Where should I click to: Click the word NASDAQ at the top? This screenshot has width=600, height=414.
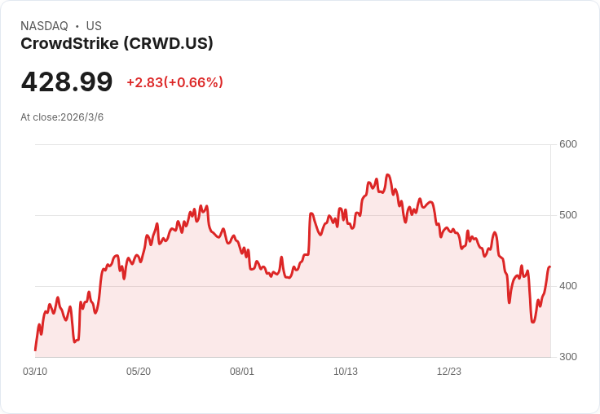pos(44,26)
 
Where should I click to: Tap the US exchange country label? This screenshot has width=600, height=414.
pos(94,26)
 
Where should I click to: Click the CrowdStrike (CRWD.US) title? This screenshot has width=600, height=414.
pos(117,44)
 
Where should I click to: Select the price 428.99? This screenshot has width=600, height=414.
pos(67,82)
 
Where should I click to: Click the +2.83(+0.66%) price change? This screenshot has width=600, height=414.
pos(174,82)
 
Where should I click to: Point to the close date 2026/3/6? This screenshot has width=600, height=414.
pos(82,117)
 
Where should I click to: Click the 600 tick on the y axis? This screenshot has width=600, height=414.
pos(568,144)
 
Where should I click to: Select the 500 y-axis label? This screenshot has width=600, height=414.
pos(568,215)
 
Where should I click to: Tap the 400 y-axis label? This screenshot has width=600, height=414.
pos(568,286)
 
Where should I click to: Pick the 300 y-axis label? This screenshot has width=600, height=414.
pos(568,357)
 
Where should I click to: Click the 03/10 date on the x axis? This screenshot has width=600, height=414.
pos(35,372)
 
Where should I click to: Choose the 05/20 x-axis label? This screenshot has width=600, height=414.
pos(139,372)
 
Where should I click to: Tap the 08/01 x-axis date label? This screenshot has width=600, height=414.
pos(242,372)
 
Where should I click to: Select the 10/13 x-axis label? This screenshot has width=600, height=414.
pos(346,372)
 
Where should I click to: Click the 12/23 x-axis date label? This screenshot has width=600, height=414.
pos(449,372)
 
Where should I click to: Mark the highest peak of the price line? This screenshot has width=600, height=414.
pos(387,174)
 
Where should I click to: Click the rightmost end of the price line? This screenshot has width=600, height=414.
pos(550,266)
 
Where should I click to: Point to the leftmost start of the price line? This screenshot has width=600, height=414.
pos(35,350)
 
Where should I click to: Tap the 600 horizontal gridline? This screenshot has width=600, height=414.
pos(293,144)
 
